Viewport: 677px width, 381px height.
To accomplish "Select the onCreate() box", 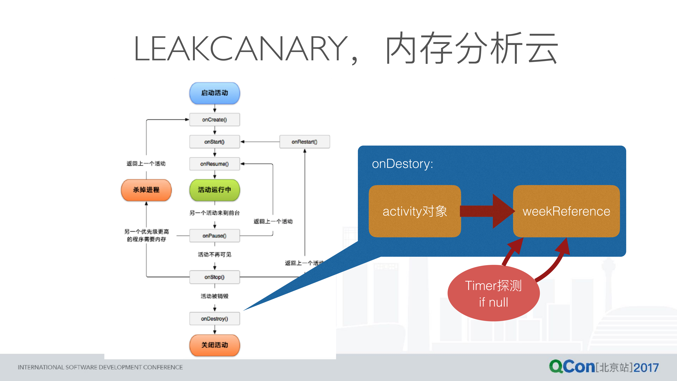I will (215, 120).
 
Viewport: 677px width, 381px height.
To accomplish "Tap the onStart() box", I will (215, 142).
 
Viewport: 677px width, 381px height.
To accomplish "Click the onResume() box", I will (215, 164).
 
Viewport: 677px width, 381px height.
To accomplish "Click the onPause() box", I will (215, 236).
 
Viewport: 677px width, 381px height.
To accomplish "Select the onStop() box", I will (215, 277).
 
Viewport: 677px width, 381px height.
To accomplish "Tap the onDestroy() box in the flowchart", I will (215, 319).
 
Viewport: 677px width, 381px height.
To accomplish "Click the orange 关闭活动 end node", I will (215, 345).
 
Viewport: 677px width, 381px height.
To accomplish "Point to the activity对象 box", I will (415, 211).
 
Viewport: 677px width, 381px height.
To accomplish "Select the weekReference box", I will (566, 211).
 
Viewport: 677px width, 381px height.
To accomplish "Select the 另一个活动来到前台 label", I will (215, 213).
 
